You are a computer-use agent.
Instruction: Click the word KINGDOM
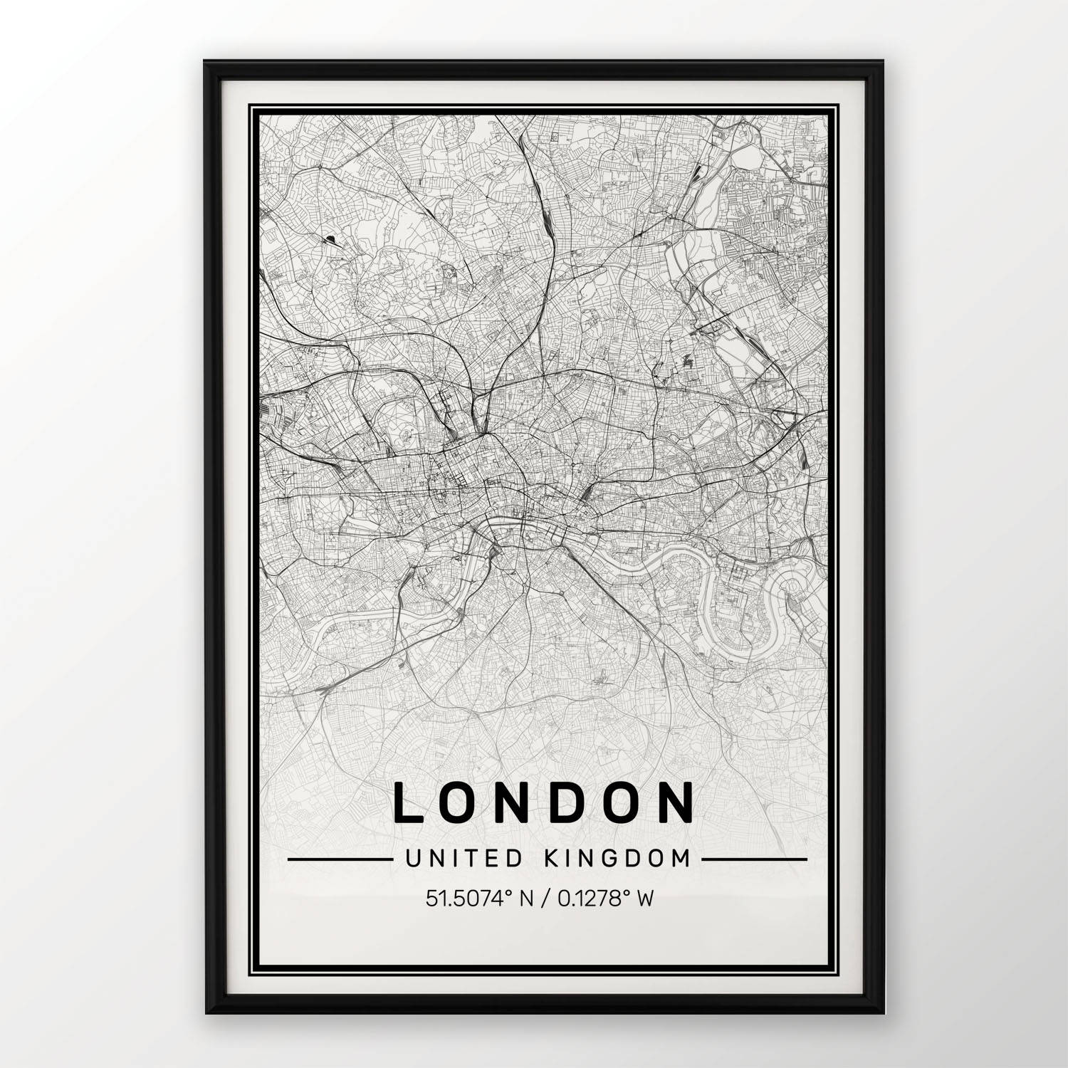click(617, 859)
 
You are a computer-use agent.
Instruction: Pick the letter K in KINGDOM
click(550, 859)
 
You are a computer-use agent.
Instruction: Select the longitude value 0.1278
click(583, 899)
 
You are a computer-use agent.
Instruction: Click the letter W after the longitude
click(644, 899)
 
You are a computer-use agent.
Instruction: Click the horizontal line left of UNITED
click(340, 859)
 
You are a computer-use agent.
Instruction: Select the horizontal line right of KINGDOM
click(754, 859)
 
